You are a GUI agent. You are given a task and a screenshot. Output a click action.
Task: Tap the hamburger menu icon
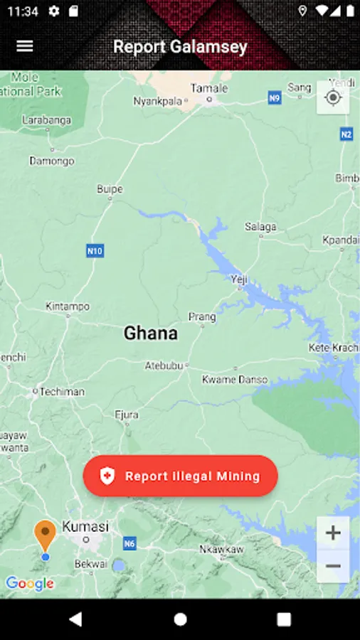tap(25, 46)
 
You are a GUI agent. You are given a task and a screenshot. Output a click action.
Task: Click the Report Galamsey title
tap(180, 47)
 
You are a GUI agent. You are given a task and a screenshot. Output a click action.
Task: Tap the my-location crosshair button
tap(333, 97)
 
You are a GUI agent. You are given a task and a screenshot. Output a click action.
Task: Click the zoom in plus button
tap(333, 533)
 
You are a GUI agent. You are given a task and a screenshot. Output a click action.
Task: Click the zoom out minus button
tap(333, 566)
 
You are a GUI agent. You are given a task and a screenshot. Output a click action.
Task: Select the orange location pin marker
tap(45, 535)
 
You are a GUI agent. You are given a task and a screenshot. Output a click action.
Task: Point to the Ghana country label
tap(151, 333)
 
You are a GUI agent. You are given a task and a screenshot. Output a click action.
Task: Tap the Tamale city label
tap(209, 88)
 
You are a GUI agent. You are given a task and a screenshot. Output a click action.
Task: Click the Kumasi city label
tap(85, 527)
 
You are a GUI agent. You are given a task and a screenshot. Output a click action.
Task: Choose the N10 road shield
tap(95, 250)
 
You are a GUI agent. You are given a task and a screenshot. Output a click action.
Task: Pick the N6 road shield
tap(129, 544)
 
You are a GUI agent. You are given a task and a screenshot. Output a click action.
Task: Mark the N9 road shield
tap(275, 98)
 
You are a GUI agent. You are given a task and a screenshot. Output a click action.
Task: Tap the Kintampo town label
tap(68, 306)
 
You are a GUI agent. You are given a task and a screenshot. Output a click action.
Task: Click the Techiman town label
tap(62, 391)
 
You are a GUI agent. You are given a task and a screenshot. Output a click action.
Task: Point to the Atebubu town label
tap(164, 366)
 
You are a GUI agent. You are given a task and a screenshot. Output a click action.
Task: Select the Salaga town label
tap(260, 227)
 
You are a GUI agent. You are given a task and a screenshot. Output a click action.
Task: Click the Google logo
tap(30, 584)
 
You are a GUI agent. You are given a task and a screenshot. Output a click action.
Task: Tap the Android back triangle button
tap(75, 619)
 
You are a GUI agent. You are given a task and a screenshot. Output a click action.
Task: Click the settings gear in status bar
tap(54, 11)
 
